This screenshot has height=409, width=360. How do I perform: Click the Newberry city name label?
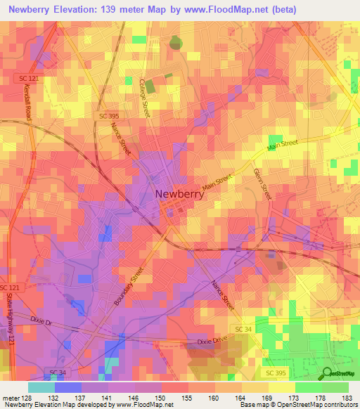179,195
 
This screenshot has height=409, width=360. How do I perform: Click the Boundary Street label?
127,285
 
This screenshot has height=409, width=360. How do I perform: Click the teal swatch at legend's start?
41,387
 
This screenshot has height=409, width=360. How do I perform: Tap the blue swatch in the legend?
67,387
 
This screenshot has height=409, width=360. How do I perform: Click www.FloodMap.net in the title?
226,10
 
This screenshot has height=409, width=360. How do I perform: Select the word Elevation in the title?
76,10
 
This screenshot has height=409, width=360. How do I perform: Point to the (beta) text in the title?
281,10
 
